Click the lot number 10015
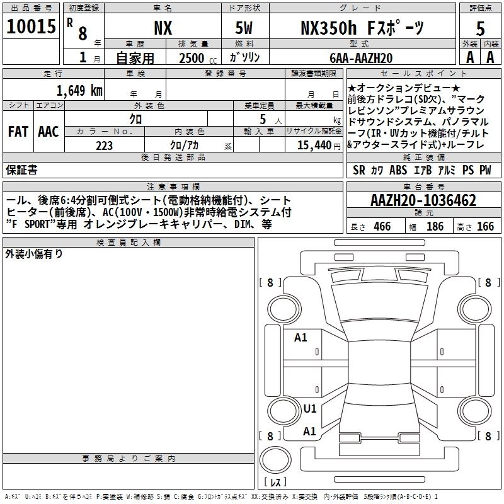[x=31, y=26]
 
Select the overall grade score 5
[x=480, y=29]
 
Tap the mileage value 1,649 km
[x=79, y=91]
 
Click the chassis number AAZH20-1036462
[x=423, y=200]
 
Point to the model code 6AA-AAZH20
[x=361, y=58]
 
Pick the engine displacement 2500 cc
[x=198, y=58]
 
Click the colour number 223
[x=104, y=146]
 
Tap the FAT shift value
[x=18, y=132]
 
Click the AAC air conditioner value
[x=49, y=132]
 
